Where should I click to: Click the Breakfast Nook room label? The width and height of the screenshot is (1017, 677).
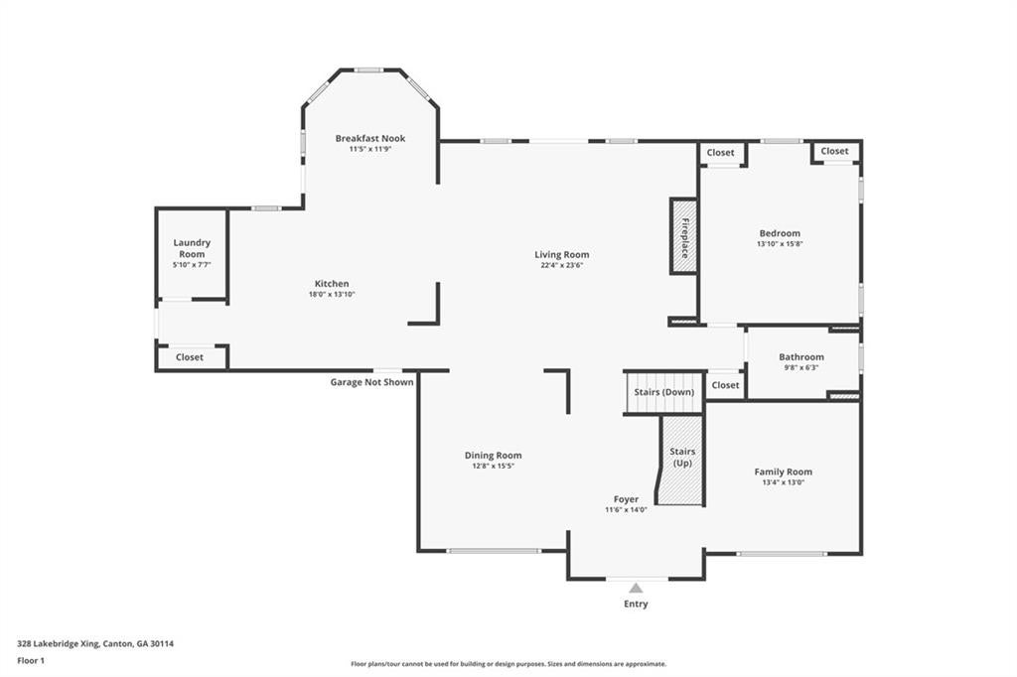370,138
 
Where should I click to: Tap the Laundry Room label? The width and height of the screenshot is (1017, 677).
192,248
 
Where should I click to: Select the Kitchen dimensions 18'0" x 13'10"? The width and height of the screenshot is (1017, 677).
332,295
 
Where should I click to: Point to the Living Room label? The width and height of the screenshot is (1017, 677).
562,255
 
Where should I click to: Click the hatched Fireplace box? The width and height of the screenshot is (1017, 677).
683,236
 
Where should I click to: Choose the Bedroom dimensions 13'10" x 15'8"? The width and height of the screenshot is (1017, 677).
781,244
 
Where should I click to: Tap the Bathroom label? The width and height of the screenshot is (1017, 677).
801,356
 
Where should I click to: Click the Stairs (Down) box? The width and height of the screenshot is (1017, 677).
664,392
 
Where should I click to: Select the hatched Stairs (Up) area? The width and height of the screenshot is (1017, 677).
681,460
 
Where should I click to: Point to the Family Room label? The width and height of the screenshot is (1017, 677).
783,473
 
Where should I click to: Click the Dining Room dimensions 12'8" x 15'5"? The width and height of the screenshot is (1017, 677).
493,467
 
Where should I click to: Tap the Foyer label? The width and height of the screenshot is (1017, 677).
626,499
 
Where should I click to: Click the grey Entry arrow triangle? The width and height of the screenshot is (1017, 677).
636,589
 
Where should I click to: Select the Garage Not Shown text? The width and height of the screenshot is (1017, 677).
371,382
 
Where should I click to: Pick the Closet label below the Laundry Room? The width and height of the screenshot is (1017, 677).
190,357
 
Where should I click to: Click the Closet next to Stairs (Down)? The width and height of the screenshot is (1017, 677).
725,385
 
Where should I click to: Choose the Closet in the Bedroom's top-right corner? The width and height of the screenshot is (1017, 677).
834,151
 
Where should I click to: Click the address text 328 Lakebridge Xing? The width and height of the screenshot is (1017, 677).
58,644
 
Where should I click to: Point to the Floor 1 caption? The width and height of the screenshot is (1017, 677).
31,661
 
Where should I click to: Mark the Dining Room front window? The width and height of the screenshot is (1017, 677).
494,551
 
